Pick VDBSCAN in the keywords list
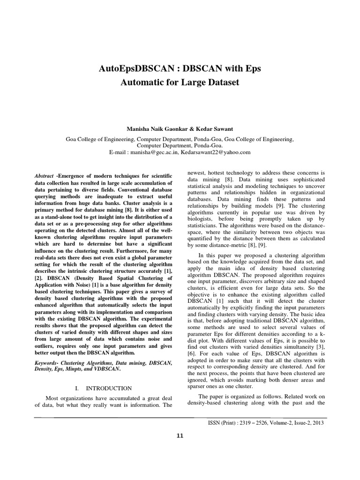click(x=105, y=369)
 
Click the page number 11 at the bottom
click(x=180, y=436)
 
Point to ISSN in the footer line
click(x=215, y=422)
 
